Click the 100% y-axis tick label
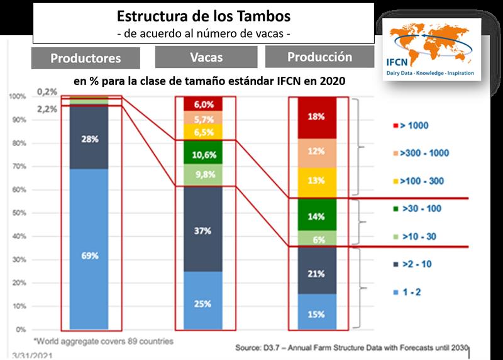coord(18,97)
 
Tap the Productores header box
coord(86,59)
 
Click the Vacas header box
coord(205,57)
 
